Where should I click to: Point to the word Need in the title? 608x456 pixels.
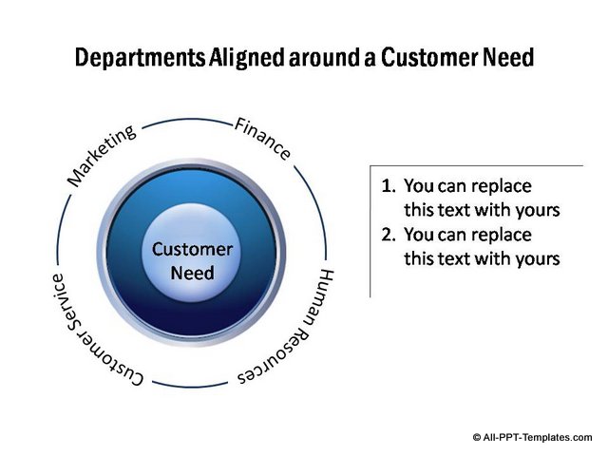pos(504,59)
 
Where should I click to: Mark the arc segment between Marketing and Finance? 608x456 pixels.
pos(184,121)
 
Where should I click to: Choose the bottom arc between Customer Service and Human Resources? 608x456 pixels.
pos(190,386)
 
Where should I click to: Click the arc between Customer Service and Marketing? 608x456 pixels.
pos(60,228)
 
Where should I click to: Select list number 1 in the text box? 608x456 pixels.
pos(387,186)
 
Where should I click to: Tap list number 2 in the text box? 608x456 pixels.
pos(387,234)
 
